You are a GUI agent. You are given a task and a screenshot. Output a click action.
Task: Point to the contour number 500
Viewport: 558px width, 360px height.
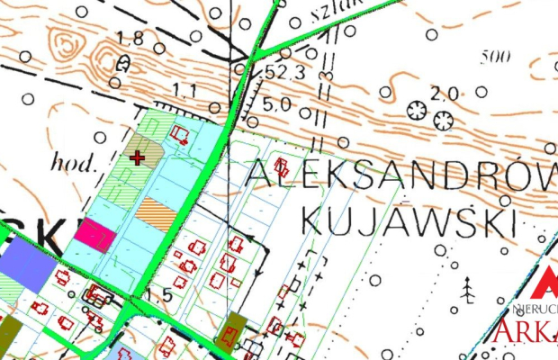[495, 58]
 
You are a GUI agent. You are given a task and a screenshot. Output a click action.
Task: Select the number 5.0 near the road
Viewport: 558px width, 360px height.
[276, 103]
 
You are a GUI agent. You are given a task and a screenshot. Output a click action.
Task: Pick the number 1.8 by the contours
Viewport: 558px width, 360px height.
[131, 38]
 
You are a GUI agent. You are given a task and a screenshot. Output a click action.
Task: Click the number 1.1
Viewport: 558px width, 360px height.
[184, 89]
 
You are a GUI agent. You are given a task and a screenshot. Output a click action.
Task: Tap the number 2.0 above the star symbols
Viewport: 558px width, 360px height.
[445, 92]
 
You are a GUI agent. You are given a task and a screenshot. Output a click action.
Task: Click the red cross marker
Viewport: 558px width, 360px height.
[137, 157]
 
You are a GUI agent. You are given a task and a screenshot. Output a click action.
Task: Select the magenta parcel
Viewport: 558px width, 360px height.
[94, 235]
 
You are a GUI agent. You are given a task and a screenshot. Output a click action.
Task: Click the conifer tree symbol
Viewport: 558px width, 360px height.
[468, 289]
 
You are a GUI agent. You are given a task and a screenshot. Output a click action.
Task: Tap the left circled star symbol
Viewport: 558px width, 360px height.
[416, 110]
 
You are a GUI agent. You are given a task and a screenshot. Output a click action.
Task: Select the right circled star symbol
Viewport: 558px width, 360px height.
[443, 119]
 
